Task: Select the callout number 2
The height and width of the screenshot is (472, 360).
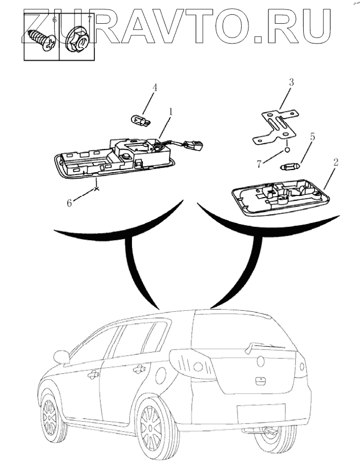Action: [335, 162]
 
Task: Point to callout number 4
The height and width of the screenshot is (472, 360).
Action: [155, 87]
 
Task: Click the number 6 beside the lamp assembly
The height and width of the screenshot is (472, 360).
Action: [70, 203]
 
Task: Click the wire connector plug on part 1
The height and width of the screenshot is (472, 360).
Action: [194, 146]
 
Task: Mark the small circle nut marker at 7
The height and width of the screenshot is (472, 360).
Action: [287, 149]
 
